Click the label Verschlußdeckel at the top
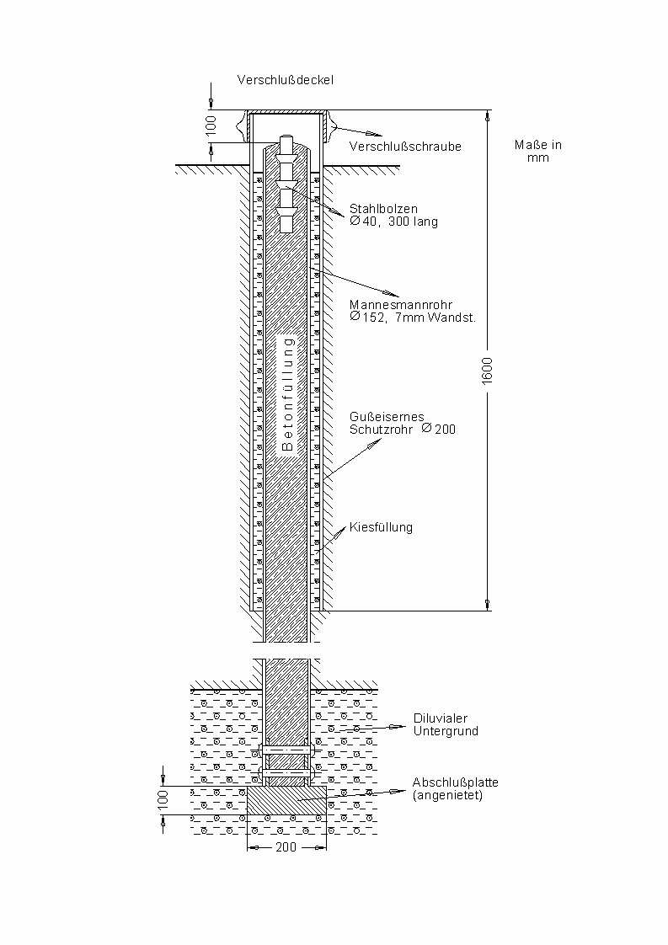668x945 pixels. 286,81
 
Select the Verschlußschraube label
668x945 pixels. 405,147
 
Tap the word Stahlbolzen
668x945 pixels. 383,209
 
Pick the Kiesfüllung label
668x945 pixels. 381,528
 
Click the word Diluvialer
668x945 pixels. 441,718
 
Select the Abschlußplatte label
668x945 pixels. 455,782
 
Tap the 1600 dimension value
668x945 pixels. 489,371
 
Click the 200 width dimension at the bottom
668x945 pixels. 286,847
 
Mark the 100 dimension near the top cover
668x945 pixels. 211,125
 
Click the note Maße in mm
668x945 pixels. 537,151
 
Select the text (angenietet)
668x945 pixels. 447,795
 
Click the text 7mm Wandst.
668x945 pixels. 436,318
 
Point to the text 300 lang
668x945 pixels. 414,222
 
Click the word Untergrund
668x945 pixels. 445,731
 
